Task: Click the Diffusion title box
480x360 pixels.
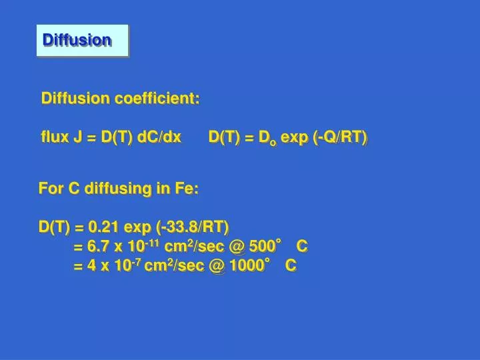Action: pyautogui.click(x=81, y=40)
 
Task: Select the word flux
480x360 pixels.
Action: pyautogui.click(x=54, y=137)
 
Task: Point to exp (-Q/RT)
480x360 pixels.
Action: pyautogui.click(x=324, y=137)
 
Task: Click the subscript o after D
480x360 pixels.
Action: pyautogui.click(x=272, y=142)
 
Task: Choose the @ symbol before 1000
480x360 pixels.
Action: pyautogui.click(x=217, y=266)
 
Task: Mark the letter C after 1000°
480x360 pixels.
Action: pyautogui.click(x=290, y=266)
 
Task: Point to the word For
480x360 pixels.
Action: pyautogui.click(x=51, y=189)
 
